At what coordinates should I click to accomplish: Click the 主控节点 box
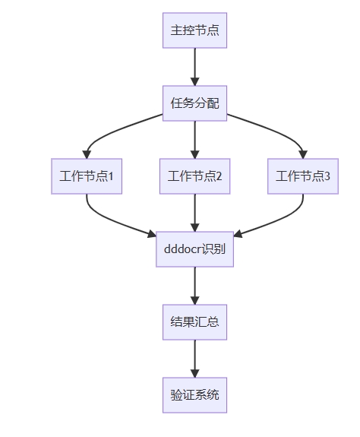194,30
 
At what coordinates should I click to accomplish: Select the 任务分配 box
194,103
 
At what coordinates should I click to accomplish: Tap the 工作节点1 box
87,176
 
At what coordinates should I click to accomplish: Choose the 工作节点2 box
194,176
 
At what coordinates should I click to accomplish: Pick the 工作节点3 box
303,176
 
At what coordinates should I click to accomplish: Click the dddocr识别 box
194,249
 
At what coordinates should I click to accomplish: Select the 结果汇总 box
194,322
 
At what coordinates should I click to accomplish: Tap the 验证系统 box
194,395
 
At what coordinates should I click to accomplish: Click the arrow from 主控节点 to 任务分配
194,67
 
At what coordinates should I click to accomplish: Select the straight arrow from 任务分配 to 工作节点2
194,140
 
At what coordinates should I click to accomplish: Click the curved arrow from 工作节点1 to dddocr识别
112,220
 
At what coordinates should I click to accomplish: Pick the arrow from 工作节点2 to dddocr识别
194,213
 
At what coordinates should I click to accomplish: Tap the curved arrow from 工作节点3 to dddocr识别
279,220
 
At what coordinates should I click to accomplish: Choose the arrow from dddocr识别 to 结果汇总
194,286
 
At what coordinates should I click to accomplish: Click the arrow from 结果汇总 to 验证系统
194,359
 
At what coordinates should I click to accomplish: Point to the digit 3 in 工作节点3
327,176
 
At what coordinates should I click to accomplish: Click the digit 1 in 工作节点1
111,176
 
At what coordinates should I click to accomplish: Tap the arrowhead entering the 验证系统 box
194,373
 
